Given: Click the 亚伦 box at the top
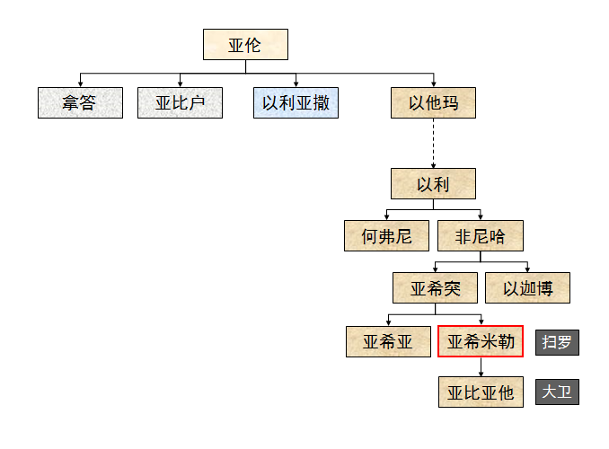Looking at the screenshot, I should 245,45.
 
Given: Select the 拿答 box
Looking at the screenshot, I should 80,102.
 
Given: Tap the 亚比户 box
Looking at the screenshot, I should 180,102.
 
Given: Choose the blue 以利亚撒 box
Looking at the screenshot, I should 296,102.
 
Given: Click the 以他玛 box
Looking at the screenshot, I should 433,102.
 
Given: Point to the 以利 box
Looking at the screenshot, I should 433,184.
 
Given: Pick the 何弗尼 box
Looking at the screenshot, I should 386,236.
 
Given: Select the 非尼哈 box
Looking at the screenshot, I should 480,236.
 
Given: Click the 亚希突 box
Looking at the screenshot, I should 436,288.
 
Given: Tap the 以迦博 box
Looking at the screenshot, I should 527,288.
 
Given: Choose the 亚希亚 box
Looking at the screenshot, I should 388,341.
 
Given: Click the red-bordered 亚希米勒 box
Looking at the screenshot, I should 480,341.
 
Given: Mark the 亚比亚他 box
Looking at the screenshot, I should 480,392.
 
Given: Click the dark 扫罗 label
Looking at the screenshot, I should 557,342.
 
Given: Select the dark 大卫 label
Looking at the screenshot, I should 557,392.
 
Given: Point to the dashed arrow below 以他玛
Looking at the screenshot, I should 433,144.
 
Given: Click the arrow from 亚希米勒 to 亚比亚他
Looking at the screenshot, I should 480,367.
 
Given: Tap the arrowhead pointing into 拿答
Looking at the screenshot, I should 80,83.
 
